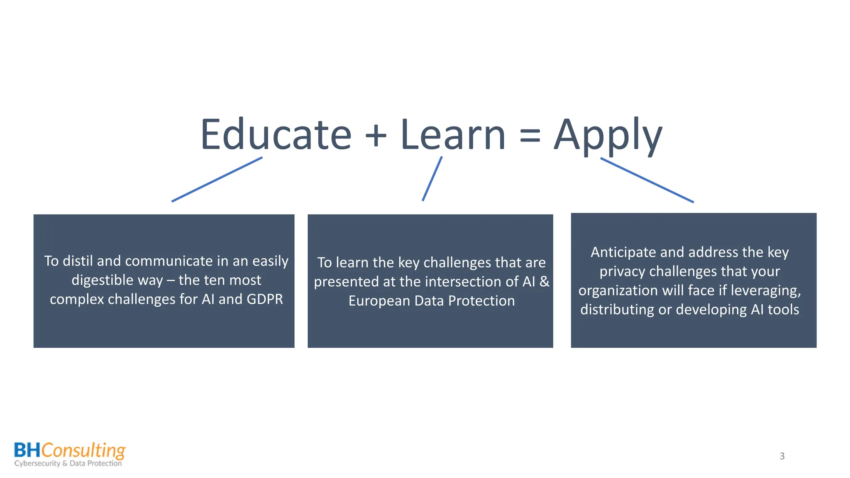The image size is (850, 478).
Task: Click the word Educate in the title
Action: pyautogui.click(x=276, y=135)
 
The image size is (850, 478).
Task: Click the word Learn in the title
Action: pyautogui.click(x=453, y=135)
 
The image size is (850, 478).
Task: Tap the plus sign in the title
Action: pyautogui.click(x=376, y=135)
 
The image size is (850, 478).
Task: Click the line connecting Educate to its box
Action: pyautogui.click(x=217, y=179)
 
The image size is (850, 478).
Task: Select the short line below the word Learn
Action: pyautogui.click(x=432, y=179)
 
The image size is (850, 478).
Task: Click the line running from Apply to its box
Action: pyautogui.click(x=647, y=180)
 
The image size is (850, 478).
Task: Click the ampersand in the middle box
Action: pyautogui.click(x=544, y=282)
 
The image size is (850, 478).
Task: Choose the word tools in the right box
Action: pyautogui.click(x=783, y=310)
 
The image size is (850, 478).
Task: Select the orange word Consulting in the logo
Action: pyautogui.click(x=83, y=451)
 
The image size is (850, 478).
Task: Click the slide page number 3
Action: pyautogui.click(x=782, y=456)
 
